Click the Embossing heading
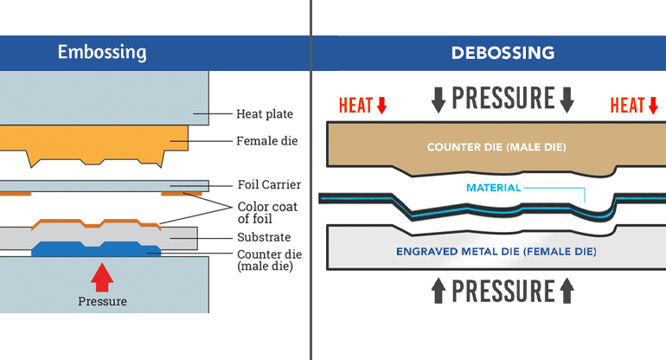[x=102, y=53]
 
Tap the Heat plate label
[x=265, y=113]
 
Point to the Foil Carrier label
[x=269, y=185]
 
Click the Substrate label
[x=262, y=237]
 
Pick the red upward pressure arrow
[x=102, y=276]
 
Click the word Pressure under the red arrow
[x=102, y=302]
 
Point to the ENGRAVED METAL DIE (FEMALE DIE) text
[x=496, y=252]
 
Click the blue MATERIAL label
[x=493, y=188]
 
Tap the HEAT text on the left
[x=355, y=106]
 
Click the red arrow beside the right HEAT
[x=654, y=106]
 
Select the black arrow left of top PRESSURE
[x=439, y=99]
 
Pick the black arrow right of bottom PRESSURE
[x=567, y=290]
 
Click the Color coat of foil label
[x=268, y=213]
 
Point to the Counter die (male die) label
[x=268, y=260]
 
